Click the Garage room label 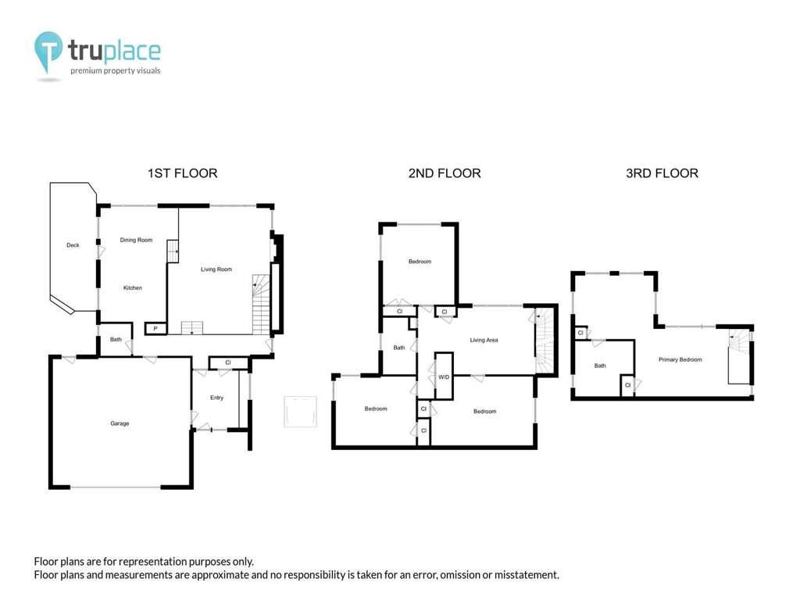120,423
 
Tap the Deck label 73,245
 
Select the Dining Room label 136,240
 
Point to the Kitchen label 133,287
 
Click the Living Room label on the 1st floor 216,270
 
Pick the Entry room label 217,398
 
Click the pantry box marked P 155,329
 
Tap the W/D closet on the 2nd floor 444,376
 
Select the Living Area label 484,340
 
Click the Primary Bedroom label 680,359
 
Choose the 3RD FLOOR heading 662,173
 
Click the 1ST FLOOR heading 183,173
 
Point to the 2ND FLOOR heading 445,173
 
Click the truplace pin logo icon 48,51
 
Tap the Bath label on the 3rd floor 600,366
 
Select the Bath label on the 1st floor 116,340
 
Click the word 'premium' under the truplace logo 86,71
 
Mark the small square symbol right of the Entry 301,411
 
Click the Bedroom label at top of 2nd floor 420,262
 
